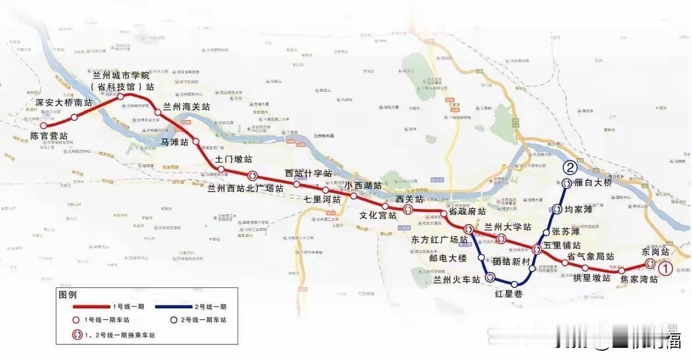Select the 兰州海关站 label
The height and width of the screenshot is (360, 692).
click(186, 107)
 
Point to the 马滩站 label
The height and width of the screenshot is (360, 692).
click(175, 141)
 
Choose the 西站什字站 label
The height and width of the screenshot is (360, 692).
click(308, 174)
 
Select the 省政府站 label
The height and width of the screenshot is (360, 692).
click(467, 212)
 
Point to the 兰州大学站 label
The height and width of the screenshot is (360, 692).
click(507, 226)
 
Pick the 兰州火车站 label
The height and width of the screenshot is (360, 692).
click(457, 279)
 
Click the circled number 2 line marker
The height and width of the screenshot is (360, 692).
click(570, 168)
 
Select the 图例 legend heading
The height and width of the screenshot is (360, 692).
click(67, 294)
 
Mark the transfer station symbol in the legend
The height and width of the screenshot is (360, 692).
click(76, 335)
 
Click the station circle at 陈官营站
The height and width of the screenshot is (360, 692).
click(43, 125)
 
